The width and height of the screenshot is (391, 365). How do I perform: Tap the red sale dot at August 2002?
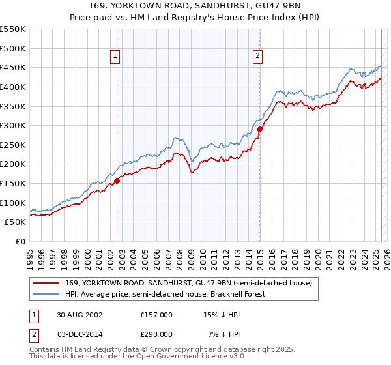[x=117, y=181]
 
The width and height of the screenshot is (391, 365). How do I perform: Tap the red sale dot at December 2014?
[x=259, y=129]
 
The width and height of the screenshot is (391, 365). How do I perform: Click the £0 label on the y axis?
[x=20, y=241]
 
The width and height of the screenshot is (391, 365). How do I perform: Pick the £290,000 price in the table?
[x=156, y=334]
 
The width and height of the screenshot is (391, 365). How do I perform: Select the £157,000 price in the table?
[x=156, y=314]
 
